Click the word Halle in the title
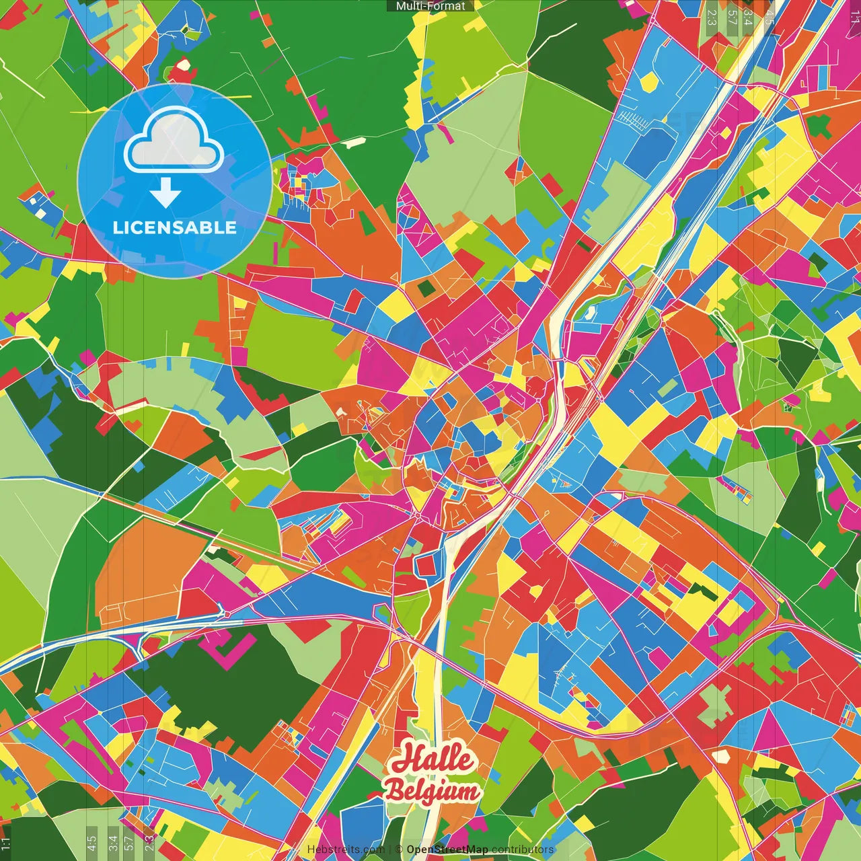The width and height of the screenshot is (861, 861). tap(433, 759)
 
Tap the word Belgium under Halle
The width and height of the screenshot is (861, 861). tap(433, 791)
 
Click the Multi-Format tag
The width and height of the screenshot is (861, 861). tap(430, 6)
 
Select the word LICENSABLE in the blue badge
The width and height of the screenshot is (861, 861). tap(175, 227)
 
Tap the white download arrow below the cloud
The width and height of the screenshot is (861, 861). tap(165, 194)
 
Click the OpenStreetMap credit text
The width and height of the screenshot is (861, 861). tap(447, 850)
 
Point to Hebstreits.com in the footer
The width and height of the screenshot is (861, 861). tap(346, 850)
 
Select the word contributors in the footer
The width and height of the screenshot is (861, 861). tap(523, 850)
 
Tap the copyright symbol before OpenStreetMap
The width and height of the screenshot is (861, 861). tap(399, 850)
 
